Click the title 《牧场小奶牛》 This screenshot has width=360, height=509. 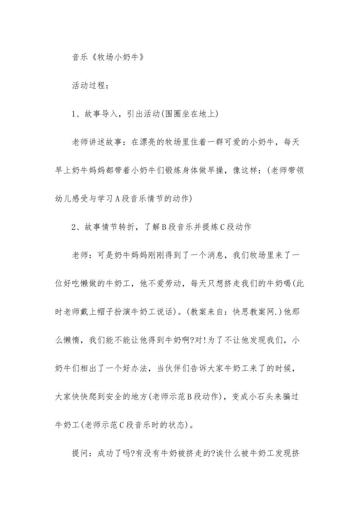pos(117,57)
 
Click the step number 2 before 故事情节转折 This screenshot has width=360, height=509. pos(74,227)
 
